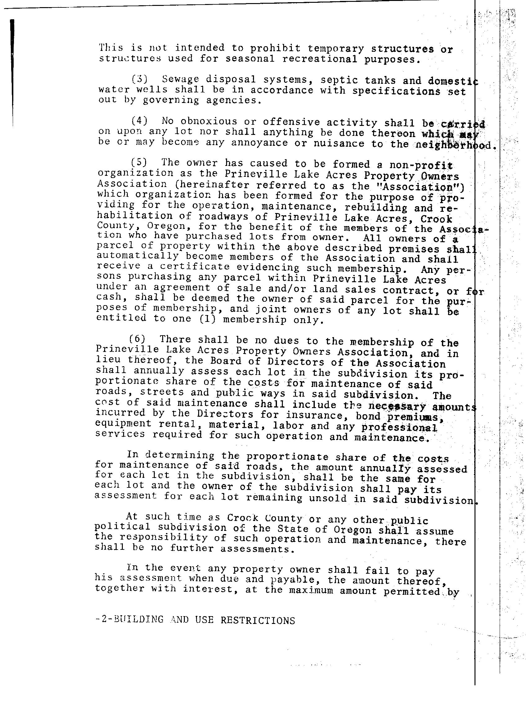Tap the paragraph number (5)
coord(138,162)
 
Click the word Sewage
coord(181,79)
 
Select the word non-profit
coord(421,165)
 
